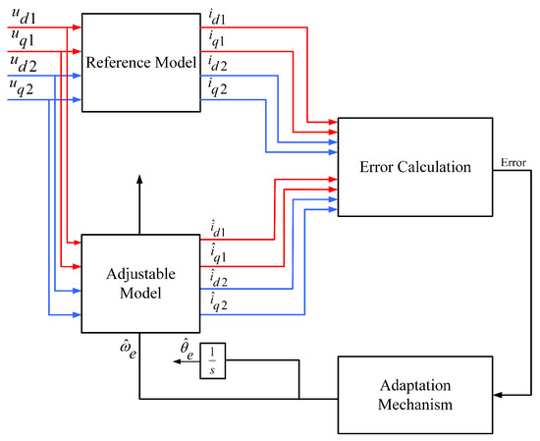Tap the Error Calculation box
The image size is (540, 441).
coord(414,166)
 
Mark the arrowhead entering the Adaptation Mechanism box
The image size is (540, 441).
coord(497,395)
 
